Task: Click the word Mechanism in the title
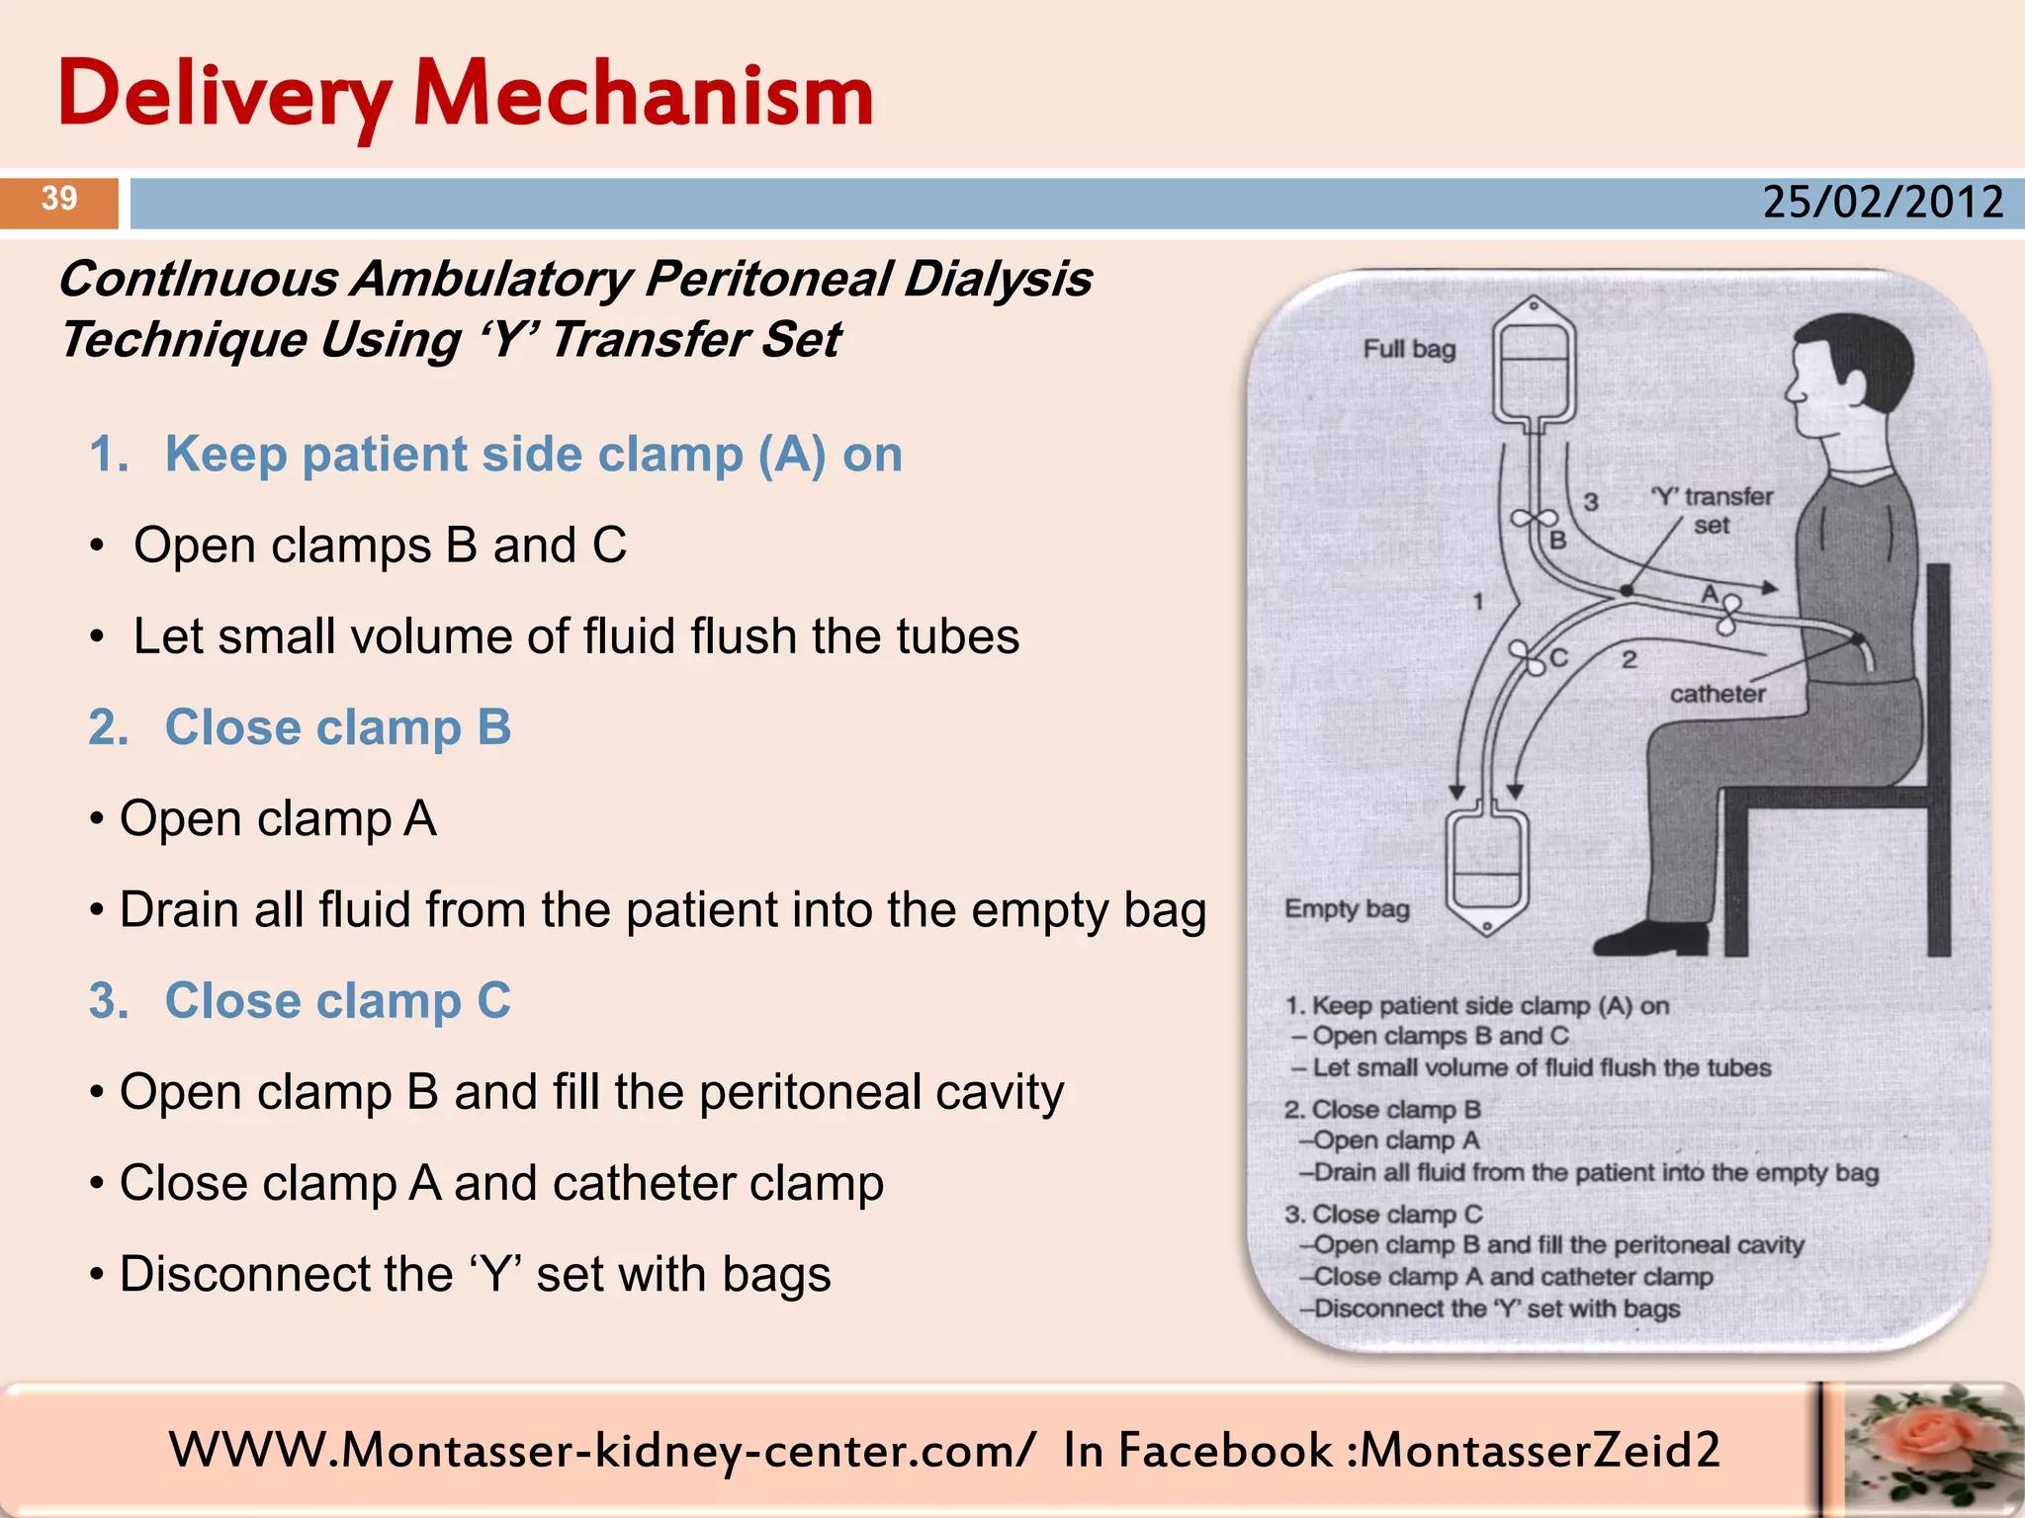coord(644,96)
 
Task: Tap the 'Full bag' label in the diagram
coord(1408,349)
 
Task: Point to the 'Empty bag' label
coord(1346,908)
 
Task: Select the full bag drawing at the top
coord(1533,366)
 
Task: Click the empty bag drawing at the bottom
coord(1486,870)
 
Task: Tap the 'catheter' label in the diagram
coord(1717,695)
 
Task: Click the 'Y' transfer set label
coord(1713,510)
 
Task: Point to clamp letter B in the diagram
coord(1558,541)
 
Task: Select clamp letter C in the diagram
coord(1559,658)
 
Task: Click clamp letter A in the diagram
coord(1709,594)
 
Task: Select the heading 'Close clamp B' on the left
coord(337,727)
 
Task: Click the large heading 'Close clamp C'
coord(337,1000)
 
